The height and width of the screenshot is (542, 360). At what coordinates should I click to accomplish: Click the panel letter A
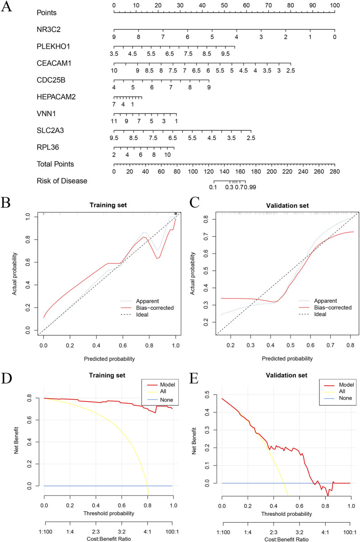pyautogui.click(x=6, y=6)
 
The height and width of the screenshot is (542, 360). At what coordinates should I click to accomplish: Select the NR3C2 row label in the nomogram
pyautogui.click(x=48, y=29)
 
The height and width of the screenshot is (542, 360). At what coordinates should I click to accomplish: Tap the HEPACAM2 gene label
pyautogui.click(x=56, y=97)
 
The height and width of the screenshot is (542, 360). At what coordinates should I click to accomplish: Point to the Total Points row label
pyautogui.click(x=55, y=164)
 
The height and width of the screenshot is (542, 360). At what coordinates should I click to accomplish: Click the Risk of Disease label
pyautogui.click(x=62, y=181)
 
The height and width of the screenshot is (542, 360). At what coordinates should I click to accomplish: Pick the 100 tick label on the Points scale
pyautogui.click(x=335, y=5)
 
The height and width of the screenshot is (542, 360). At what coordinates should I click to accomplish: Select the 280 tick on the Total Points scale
pyautogui.click(x=335, y=171)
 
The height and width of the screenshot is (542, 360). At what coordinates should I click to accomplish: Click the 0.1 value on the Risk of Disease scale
pyautogui.click(x=213, y=187)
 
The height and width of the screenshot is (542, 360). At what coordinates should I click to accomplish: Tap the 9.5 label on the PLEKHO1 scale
pyautogui.click(x=225, y=54)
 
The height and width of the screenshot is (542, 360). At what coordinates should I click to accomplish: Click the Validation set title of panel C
pyautogui.click(x=287, y=206)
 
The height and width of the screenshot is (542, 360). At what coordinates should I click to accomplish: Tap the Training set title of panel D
pyautogui.click(x=107, y=375)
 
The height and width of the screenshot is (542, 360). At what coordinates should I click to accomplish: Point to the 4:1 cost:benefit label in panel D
pyautogui.click(x=147, y=532)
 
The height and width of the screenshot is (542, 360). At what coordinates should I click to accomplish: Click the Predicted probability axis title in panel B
pyautogui.click(x=109, y=359)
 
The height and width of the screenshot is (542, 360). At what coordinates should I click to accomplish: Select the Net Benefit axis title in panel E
pyautogui.click(x=194, y=441)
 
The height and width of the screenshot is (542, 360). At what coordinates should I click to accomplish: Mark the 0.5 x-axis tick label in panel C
pyautogui.click(x=291, y=345)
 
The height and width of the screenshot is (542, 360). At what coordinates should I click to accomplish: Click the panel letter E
pyautogui.click(x=194, y=378)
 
